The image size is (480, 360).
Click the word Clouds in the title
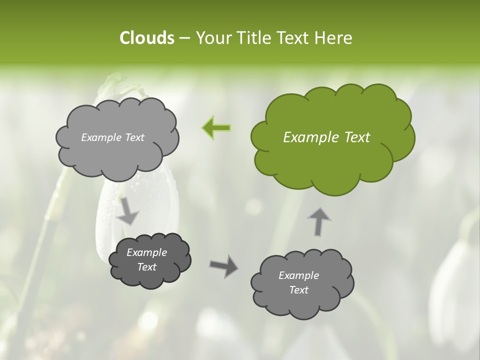(x=146, y=37)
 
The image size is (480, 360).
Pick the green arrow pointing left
(x=216, y=127)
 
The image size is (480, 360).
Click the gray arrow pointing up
(x=318, y=221)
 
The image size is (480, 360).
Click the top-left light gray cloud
(x=117, y=155)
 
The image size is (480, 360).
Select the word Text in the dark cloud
(x=147, y=267)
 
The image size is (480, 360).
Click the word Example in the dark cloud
(x=147, y=252)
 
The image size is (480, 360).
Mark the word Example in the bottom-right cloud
(x=298, y=275)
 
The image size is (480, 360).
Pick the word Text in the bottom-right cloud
(x=298, y=290)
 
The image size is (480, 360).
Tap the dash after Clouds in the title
(x=184, y=38)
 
